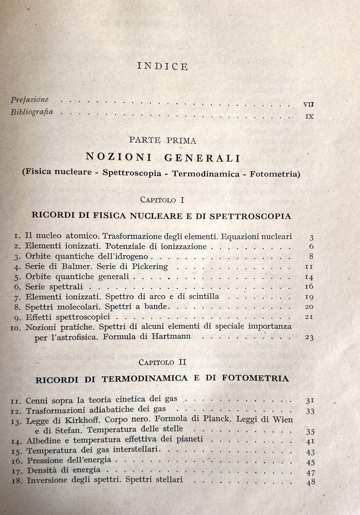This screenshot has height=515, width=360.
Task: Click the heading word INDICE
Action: click(x=162, y=66)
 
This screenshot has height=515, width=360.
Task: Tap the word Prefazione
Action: click(x=30, y=100)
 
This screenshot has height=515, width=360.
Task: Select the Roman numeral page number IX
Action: click(x=309, y=117)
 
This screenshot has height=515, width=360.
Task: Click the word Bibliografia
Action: click(x=32, y=112)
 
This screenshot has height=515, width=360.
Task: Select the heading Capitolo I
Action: click(x=162, y=199)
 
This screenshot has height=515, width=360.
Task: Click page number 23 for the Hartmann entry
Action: click(x=309, y=337)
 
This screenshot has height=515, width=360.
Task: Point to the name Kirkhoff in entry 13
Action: click(x=82, y=419)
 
